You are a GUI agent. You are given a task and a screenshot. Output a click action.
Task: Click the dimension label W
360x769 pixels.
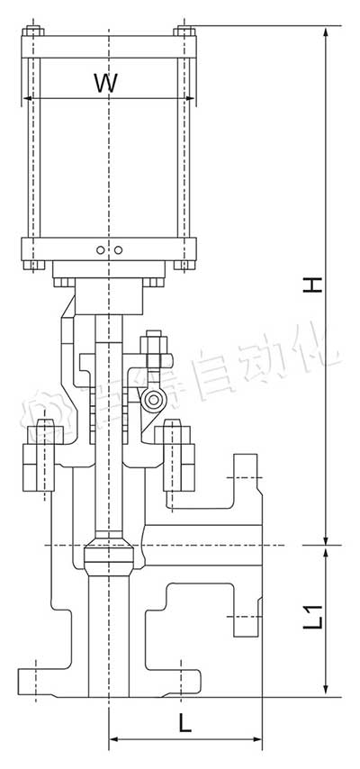click(106, 83)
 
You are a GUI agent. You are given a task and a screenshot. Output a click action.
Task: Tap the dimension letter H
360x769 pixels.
click(311, 285)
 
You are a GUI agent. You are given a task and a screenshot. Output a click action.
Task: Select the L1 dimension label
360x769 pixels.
click(312, 620)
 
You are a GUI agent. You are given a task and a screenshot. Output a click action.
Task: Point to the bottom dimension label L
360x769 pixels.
click(184, 722)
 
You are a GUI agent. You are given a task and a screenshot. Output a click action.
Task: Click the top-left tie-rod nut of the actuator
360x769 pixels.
click(32, 33)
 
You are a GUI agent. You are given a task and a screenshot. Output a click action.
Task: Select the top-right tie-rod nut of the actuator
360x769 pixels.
click(185, 33)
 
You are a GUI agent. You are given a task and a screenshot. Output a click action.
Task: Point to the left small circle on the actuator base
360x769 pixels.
click(102, 249)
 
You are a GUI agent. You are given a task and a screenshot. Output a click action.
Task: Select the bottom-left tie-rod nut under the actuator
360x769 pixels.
click(32, 265)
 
